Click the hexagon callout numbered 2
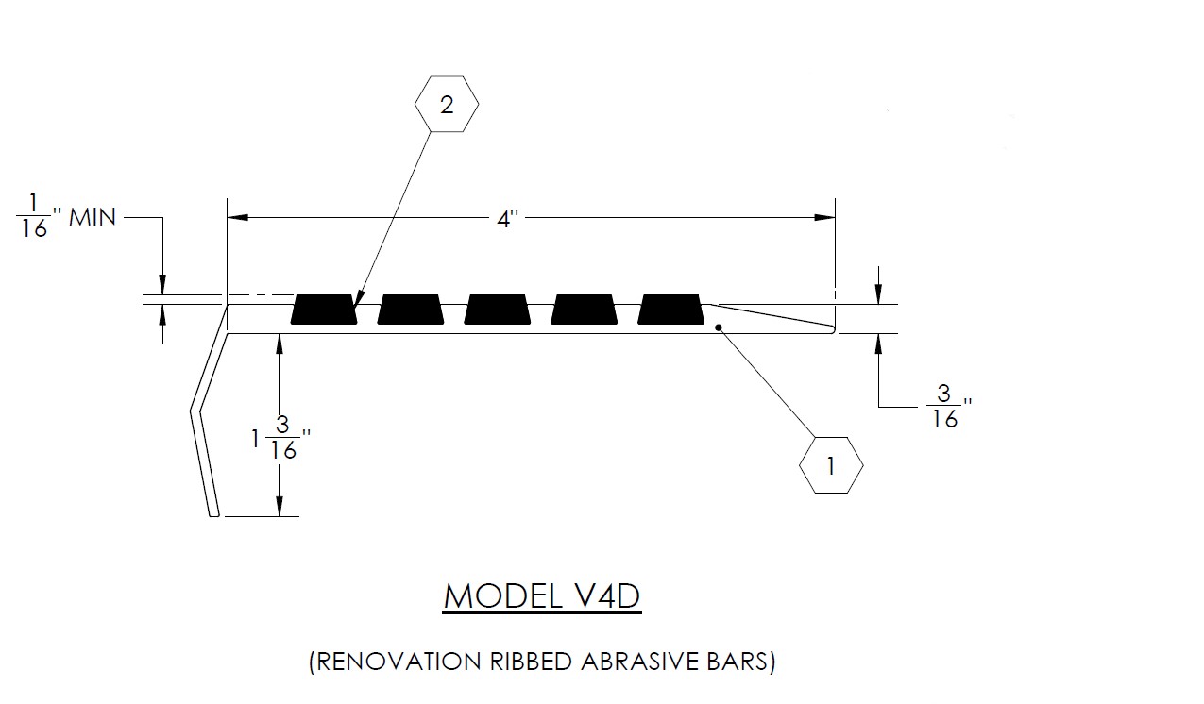(x=447, y=104)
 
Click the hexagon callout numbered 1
(x=831, y=464)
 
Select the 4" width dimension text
(x=509, y=219)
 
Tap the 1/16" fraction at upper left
(x=35, y=217)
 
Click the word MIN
(x=93, y=217)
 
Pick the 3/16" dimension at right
(x=945, y=408)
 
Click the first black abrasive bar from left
(x=324, y=310)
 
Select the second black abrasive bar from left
(x=411, y=310)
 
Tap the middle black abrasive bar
(x=498, y=310)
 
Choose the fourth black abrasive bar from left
(x=585, y=310)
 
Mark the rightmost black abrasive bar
(x=671, y=310)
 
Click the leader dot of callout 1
(x=720, y=328)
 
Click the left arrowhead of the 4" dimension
(x=238, y=217)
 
